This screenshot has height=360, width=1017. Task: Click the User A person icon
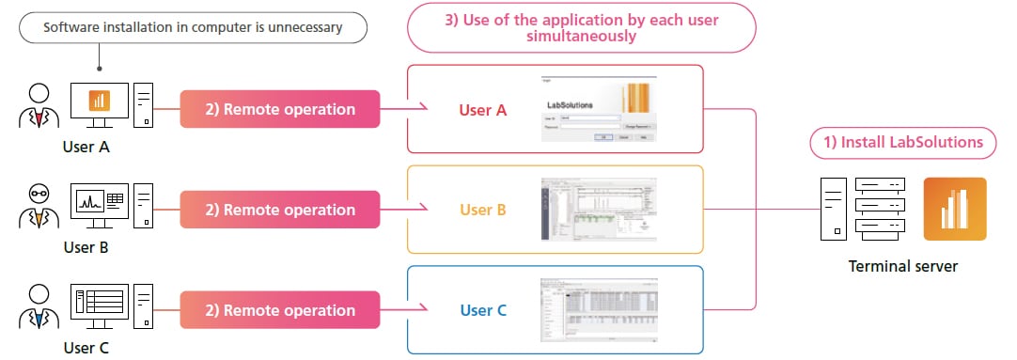pos(39,108)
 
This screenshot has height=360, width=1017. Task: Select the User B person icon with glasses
pos(39,209)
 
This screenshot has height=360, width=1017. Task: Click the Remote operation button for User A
pos(279,109)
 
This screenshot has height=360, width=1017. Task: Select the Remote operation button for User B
pos(279,210)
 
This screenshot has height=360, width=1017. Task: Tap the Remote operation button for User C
pos(279,309)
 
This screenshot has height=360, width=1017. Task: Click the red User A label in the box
pos(483,110)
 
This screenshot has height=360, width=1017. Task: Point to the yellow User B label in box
pos(483,210)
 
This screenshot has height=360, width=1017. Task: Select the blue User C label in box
pos(483,309)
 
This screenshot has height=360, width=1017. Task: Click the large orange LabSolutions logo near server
pos(954,209)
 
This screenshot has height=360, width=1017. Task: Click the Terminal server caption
pos(902,267)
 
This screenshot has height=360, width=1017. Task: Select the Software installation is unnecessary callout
pos(193,27)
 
